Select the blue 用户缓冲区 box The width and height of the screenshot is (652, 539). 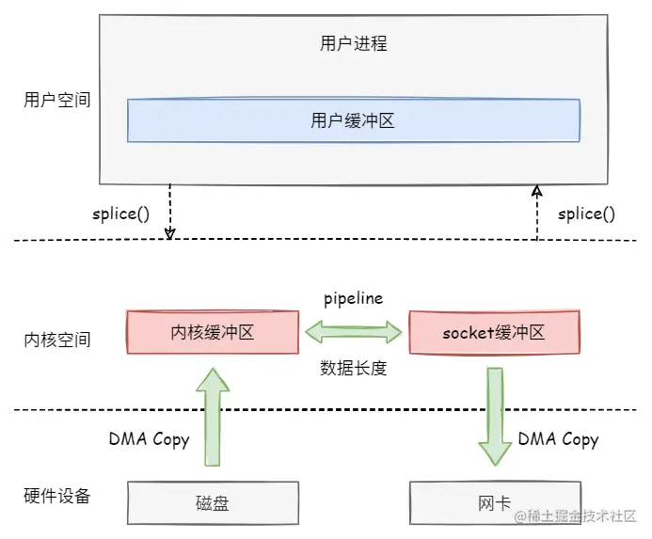(x=353, y=120)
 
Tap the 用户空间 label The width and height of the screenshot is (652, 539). (x=57, y=99)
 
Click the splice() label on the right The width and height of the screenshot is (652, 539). (x=586, y=214)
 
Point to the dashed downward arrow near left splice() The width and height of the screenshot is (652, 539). (x=170, y=210)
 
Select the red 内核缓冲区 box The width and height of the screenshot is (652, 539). (x=213, y=333)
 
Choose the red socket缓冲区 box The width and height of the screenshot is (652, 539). (x=494, y=333)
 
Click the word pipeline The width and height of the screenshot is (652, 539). (x=353, y=298)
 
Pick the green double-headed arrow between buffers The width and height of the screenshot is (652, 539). (x=353, y=332)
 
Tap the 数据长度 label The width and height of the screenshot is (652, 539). (x=354, y=368)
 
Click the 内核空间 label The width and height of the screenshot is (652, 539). (x=57, y=339)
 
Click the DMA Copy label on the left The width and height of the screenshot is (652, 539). (x=149, y=439)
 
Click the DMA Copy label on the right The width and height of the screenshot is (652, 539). (x=558, y=439)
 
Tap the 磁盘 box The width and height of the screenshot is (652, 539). (x=213, y=503)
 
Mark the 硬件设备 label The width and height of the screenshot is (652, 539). (x=57, y=496)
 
